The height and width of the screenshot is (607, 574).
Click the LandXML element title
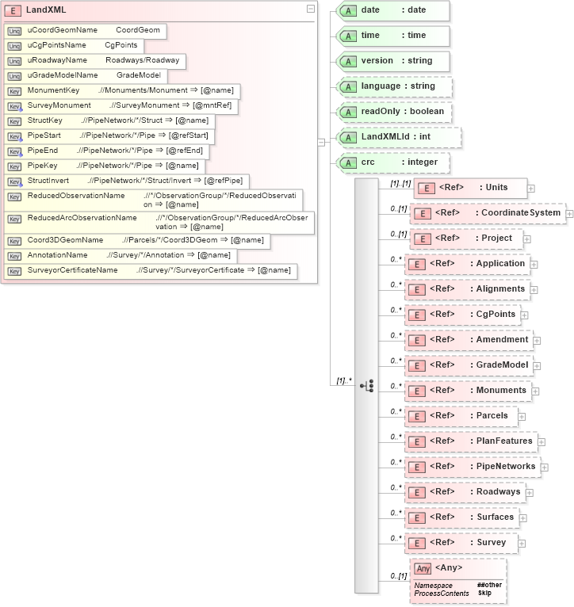point(46,10)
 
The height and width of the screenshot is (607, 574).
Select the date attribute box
point(393,10)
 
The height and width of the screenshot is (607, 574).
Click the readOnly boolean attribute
point(395,112)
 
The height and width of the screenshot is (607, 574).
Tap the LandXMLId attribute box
point(393,137)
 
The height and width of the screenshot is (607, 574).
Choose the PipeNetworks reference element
point(473,467)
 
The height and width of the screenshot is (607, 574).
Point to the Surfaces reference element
point(462,517)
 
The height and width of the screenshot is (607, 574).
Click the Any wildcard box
point(457,581)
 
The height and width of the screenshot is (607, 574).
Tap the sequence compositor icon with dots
point(366,385)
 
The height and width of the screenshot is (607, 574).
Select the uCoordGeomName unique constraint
point(84,30)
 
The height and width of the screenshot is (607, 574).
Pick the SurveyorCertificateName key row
point(149,271)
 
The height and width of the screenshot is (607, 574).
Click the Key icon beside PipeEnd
point(14,151)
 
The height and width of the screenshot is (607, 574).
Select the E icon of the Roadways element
point(417,493)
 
